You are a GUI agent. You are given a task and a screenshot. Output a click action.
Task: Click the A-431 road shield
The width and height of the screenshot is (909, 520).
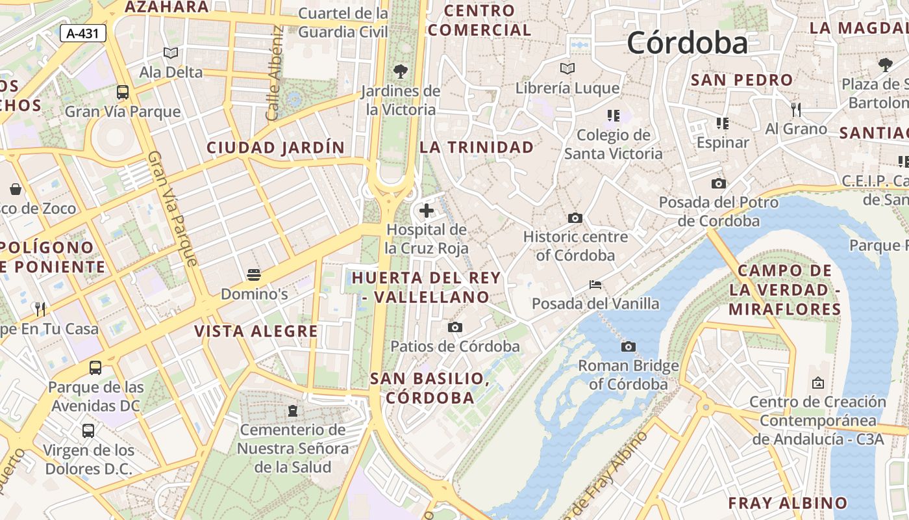[x=83, y=33]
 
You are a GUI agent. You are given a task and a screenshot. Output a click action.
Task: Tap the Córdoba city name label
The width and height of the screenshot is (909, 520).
[x=687, y=43]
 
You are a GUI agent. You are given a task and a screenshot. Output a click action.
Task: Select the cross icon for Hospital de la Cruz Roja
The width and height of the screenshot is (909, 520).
[x=427, y=210]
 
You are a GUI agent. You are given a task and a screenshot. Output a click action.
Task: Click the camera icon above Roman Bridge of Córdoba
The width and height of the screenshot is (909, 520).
[x=628, y=346]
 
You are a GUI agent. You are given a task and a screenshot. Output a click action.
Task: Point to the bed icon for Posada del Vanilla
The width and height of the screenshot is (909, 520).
[x=595, y=285]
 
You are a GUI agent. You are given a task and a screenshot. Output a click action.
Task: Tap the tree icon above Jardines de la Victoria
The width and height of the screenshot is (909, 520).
[x=401, y=70]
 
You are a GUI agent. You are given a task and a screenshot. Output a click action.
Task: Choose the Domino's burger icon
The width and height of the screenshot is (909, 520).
[x=254, y=274]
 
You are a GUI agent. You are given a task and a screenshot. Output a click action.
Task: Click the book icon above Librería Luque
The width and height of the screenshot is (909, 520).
[x=567, y=68]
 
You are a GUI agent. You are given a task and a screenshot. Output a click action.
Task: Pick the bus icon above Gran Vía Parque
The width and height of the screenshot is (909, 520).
[x=122, y=92]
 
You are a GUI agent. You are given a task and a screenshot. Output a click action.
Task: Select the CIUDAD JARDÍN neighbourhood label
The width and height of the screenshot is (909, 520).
[x=275, y=148]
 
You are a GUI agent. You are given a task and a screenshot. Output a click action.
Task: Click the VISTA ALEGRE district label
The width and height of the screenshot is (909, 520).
[x=256, y=331]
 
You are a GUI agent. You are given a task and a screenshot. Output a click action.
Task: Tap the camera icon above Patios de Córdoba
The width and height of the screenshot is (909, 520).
[x=455, y=327]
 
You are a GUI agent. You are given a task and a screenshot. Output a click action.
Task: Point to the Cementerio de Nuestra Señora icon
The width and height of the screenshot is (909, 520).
[x=293, y=411]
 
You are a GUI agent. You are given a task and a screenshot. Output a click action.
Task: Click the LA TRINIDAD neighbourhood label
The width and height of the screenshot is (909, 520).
[x=477, y=147]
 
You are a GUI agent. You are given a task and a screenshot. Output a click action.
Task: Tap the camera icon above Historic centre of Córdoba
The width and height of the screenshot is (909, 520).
[x=575, y=218]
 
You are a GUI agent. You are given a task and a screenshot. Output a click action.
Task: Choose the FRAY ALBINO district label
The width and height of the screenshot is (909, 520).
[x=788, y=503]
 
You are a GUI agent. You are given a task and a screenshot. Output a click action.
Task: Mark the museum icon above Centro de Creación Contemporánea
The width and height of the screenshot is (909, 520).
[x=817, y=383]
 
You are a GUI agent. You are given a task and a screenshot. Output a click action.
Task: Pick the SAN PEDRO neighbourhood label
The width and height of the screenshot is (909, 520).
[x=741, y=80]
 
